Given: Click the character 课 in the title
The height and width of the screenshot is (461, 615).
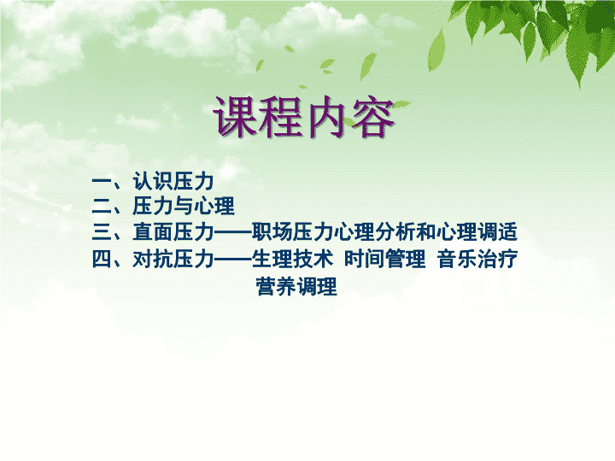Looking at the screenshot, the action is tap(235, 116).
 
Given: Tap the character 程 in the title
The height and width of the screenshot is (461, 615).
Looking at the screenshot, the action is tap(279, 116).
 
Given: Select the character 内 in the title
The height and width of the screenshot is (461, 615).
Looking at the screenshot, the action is tap(325, 116).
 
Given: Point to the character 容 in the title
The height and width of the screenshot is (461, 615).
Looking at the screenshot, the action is tap(372, 116).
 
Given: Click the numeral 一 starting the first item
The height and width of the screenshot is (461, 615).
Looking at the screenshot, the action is tap(102, 181).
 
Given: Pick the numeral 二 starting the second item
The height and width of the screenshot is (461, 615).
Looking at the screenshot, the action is tap(102, 206).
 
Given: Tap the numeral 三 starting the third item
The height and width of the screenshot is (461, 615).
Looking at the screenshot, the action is tap(102, 231).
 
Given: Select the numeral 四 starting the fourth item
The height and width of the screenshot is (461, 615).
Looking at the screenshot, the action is tap(102, 260).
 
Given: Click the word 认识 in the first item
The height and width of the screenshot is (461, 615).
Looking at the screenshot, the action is tap(153, 181).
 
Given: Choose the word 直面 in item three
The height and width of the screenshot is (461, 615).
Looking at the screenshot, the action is tap(153, 231).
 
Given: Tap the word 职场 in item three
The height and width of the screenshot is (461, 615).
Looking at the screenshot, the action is tap(272, 231).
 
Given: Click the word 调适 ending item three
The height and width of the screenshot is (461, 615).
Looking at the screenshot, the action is tap(497, 231).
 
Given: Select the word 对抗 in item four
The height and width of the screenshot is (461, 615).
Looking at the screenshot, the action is tap(153, 260).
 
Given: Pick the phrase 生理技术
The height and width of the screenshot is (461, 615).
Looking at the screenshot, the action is tap(293, 260).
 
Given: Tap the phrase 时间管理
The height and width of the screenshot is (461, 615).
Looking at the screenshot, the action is tap(385, 260).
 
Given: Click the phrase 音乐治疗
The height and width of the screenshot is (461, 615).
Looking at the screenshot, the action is tap(477, 260).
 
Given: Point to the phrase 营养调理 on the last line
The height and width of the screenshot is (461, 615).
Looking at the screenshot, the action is tap(296, 287).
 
